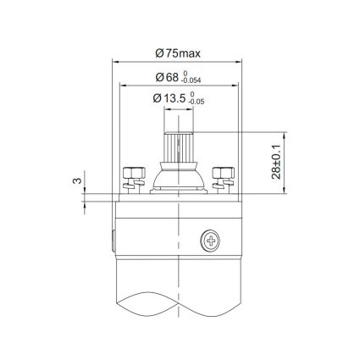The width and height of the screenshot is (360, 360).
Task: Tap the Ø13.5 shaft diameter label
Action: point(166,99)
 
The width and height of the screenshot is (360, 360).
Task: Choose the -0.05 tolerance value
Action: point(196,103)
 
